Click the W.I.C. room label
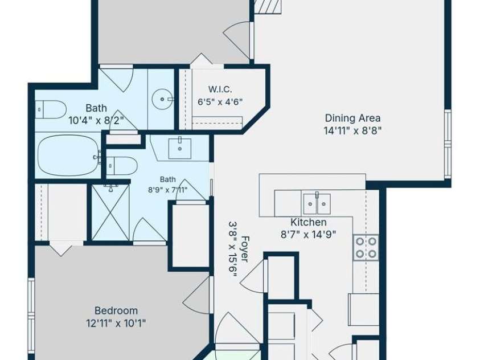coord(220,89)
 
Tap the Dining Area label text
coord(352,118)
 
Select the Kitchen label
coord(308,222)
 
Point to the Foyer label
coord(245,248)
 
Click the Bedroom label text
coord(116,310)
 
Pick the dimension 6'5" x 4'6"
coord(220,101)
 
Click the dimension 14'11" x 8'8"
coord(352,130)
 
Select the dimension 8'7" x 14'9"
coord(308,235)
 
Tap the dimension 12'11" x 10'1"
coord(116,322)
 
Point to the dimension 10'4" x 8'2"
coord(96,120)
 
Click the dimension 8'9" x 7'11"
coord(168,190)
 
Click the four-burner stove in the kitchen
coord(366,248)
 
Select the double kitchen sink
coord(317,203)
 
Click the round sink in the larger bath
coord(162,99)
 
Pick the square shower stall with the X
coord(110,212)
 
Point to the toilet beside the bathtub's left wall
coord(51,109)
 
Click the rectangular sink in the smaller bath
coord(180,149)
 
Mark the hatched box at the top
coord(268,6)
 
